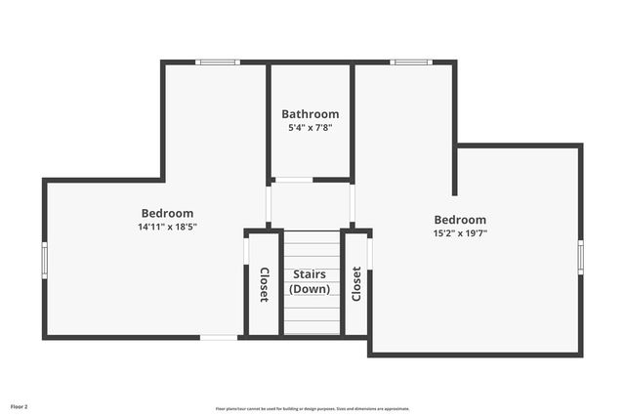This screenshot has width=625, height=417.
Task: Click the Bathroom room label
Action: coord(311,114)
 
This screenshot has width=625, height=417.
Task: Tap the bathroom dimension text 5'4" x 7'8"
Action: coord(311,128)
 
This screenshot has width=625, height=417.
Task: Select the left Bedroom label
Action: coord(167,213)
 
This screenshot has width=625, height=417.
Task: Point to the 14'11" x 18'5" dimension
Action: coord(167,227)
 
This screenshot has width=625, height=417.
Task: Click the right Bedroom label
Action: coord(460,220)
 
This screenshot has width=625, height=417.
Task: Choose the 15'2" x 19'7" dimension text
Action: coord(460,233)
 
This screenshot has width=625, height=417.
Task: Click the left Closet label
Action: coord(264,284)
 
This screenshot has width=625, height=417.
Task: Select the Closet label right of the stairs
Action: coord(356,283)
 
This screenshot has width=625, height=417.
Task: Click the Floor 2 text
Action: coord(20,405)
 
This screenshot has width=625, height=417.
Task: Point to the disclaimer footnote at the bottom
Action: coord(312,409)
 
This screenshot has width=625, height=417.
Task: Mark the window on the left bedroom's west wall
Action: coord(44,260)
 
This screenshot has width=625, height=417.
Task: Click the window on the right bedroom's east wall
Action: coord(580,257)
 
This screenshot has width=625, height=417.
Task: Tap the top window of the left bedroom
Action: coord(217,63)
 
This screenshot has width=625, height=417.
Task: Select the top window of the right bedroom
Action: coord(411,63)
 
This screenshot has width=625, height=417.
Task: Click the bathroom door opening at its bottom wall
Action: coord(293,180)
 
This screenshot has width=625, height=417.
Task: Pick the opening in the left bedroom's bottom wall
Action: coord(219,338)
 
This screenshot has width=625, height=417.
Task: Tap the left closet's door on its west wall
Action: coord(246,251)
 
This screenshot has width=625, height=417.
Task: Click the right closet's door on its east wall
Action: coord(370,253)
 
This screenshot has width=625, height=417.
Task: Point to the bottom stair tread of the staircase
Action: coord(312,328)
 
